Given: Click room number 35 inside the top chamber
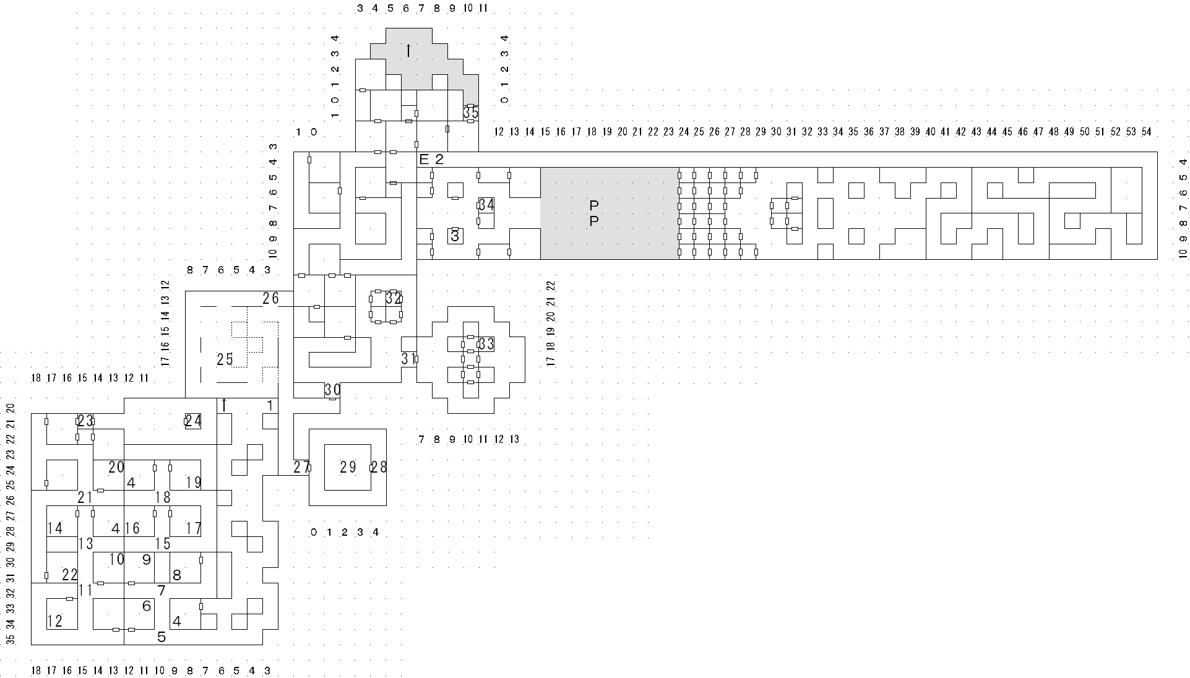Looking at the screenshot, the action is click(x=471, y=113).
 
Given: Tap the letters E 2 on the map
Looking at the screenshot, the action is click(x=432, y=159).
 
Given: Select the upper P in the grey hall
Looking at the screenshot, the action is click(x=594, y=205).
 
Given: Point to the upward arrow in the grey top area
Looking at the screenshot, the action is click(x=408, y=50).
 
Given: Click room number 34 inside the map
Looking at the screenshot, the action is click(x=486, y=205).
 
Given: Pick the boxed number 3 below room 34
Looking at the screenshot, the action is click(x=455, y=236).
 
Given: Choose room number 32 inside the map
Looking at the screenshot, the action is click(x=394, y=298).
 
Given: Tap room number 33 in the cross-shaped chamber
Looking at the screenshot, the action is click(x=486, y=344).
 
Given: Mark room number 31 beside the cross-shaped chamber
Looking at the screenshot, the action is click(x=408, y=359).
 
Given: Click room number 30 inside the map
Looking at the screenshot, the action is click(x=332, y=390).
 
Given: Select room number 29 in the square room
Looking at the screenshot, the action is click(x=348, y=467).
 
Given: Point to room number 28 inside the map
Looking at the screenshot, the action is click(x=379, y=467).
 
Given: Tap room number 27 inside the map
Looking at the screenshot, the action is click(x=301, y=467).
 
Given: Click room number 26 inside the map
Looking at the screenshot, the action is click(x=270, y=298).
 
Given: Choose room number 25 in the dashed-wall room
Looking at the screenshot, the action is click(x=225, y=359).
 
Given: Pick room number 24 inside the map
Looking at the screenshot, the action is click(x=193, y=421).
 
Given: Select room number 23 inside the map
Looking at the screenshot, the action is click(x=85, y=421).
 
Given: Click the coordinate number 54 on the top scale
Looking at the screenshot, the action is click(x=1146, y=132).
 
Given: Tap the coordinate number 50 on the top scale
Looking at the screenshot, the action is click(x=1085, y=132).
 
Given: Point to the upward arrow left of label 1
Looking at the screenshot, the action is click(x=224, y=405).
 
